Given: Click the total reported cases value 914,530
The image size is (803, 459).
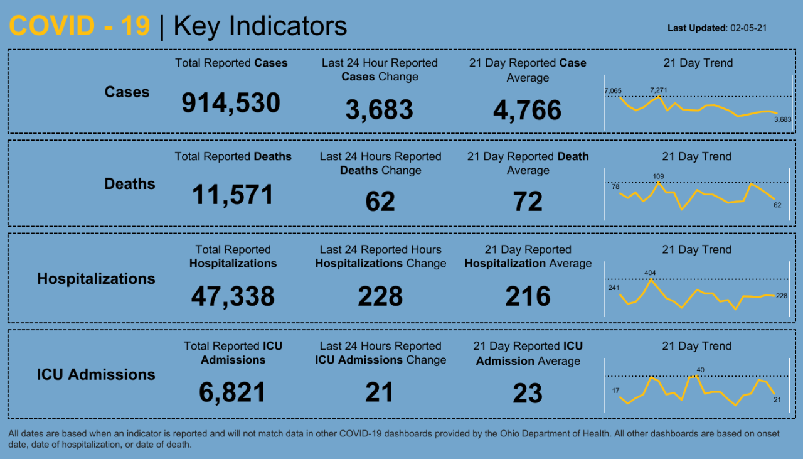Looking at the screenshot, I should [x=231, y=103].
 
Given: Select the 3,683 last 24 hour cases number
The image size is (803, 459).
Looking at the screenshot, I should [x=379, y=110].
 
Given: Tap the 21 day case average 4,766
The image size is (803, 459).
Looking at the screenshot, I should [x=527, y=110].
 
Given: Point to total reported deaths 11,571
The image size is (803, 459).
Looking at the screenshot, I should [x=233, y=195].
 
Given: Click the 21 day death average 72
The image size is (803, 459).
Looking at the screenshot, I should [x=528, y=202].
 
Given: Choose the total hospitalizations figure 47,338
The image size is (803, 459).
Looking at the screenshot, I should [x=233, y=296].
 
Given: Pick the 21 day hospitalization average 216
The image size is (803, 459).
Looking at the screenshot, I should [x=528, y=296].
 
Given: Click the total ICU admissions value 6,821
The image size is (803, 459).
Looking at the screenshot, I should [x=233, y=393].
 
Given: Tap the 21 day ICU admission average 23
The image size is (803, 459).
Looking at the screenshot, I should [x=528, y=394].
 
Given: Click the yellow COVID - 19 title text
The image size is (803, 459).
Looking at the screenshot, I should [x=80, y=26].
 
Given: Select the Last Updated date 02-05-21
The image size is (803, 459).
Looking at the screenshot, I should [x=750, y=28].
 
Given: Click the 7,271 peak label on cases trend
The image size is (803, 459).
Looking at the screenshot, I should [x=659, y=90].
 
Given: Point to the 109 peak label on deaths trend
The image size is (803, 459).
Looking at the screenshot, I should [x=658, y=176].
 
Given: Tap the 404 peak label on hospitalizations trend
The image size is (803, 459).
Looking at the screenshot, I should [x=651, y=273].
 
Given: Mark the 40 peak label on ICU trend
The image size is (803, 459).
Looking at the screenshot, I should [x=701, y=370].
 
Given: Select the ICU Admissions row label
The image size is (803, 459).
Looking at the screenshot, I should [x=96, y=375].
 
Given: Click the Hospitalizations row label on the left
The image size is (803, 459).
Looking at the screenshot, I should [x=96, y=279].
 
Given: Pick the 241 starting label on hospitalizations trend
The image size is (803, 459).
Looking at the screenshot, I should [x=614, y=288].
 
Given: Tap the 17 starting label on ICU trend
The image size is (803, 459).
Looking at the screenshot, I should [x=615, y=391].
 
